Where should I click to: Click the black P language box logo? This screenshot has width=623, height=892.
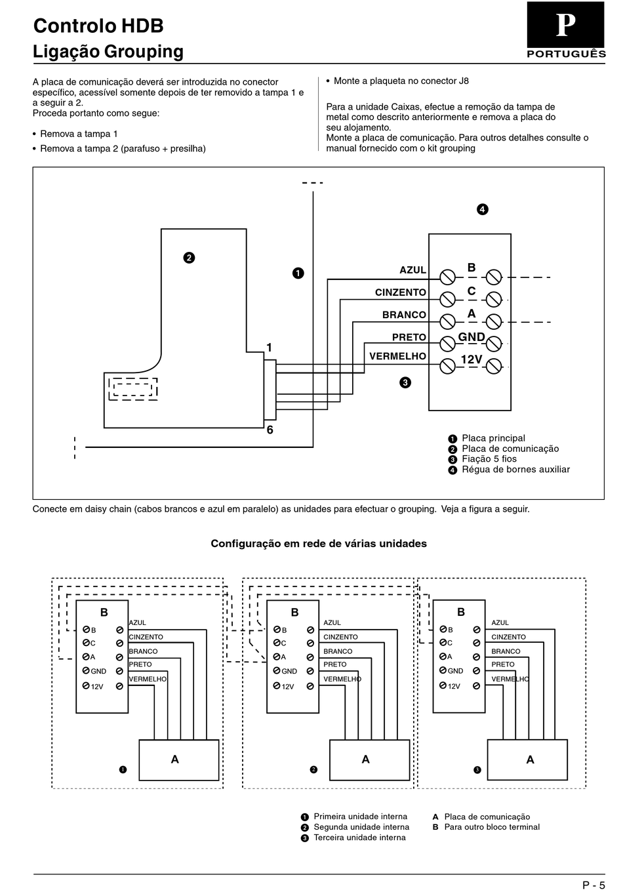(x=565, y=25)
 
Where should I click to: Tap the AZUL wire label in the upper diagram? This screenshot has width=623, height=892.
(x=412, y=270)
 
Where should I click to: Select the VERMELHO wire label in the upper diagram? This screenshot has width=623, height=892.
(x=397, y=356)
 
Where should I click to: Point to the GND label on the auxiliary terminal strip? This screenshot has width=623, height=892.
(x=472, y=337)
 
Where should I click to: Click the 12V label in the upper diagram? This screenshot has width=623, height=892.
(x=472, y=359)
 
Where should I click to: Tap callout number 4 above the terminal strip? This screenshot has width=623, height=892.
(x=483, y=209)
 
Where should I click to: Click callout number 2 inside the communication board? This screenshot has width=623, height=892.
(x=189, y=258)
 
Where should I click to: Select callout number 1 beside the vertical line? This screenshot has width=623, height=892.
(x=298, y=273)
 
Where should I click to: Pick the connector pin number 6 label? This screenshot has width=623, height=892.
(x=270, y=430)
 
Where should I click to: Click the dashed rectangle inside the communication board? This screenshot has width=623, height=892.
(x=133, y=389)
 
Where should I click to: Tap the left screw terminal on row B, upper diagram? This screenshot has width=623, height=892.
(x=447, y=277)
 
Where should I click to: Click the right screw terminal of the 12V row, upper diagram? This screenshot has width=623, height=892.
(x=494, y=367)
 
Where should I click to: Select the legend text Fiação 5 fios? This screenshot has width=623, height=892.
(x=489, y=458)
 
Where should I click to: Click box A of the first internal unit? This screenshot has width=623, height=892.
(x=179, y=760)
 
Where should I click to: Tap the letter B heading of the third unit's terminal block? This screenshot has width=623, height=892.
(x=461, y=612)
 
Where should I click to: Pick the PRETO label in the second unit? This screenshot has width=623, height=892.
(x=335, y=664)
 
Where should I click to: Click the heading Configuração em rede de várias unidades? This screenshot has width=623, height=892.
(x=319, y=544)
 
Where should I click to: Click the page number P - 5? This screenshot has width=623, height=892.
(x=593, y=885)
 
